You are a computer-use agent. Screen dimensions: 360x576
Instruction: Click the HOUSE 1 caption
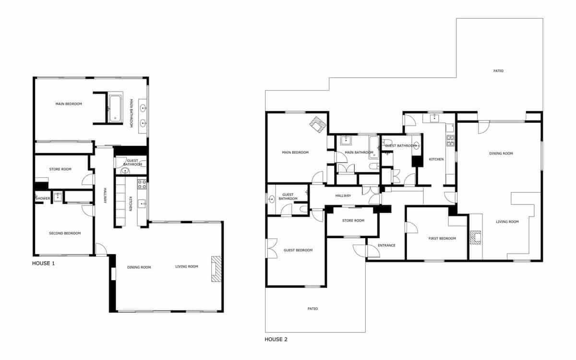[x=43, y=263]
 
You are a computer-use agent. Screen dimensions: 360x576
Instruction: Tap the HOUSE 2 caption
[x=276, y=339]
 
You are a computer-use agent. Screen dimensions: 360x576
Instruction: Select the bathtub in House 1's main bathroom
[x=115, y=108]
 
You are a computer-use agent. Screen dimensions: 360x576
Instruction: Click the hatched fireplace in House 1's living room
[x=216, y=268]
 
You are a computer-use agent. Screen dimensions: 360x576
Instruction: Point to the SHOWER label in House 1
[x=43, y=198]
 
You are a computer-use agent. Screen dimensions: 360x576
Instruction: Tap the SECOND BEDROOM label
[x=65, y=233]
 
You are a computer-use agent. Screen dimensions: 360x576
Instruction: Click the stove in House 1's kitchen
[x=142, y=184]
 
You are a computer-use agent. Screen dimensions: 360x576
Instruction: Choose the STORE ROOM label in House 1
[x=60, y=169]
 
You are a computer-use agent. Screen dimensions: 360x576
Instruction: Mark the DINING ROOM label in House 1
[x=139, y=267]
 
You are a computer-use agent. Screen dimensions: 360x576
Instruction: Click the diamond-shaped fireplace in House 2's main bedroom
[x=317, y=125]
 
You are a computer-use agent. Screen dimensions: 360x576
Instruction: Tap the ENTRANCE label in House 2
[x=386, y=245]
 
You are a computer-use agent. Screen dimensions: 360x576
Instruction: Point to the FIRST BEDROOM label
[x=442, y=239]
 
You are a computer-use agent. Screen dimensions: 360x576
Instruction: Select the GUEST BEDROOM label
[x=298, y=250]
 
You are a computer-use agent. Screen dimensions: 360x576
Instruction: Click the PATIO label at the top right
[x=498, y=71]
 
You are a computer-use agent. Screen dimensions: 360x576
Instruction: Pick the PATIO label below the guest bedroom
[x=312, y=309]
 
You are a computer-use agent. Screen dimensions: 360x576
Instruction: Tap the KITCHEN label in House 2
[x=436, y=159]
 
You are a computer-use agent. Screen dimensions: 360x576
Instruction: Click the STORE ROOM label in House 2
[x=353, y=221]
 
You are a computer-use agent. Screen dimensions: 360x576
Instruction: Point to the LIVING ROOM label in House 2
[x=507, y=222]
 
